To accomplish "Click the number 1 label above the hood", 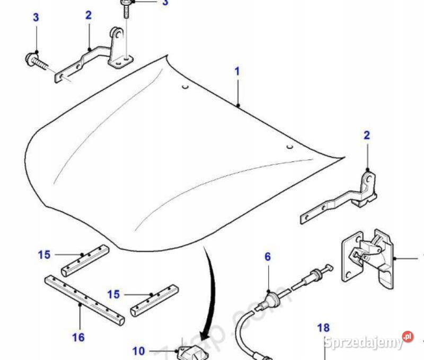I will pyautogui.click(x=237, y=70).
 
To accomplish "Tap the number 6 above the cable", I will pyautogui.click(x=268, y=257).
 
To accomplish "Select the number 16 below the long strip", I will pyautogui.click(x=78, y=337).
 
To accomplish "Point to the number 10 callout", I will pyautogui.click(x=138, y=350).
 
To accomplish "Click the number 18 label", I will pyautogui.click(x=323, y=328).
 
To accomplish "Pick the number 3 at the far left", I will pyautogui.click(x=36, y=17).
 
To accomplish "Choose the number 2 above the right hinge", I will pyautogui.click(x=367, y=136).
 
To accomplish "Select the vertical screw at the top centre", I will pyautogui.click(x=127, y=10).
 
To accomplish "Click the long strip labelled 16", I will pyautogui.click(x=85, y=300).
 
